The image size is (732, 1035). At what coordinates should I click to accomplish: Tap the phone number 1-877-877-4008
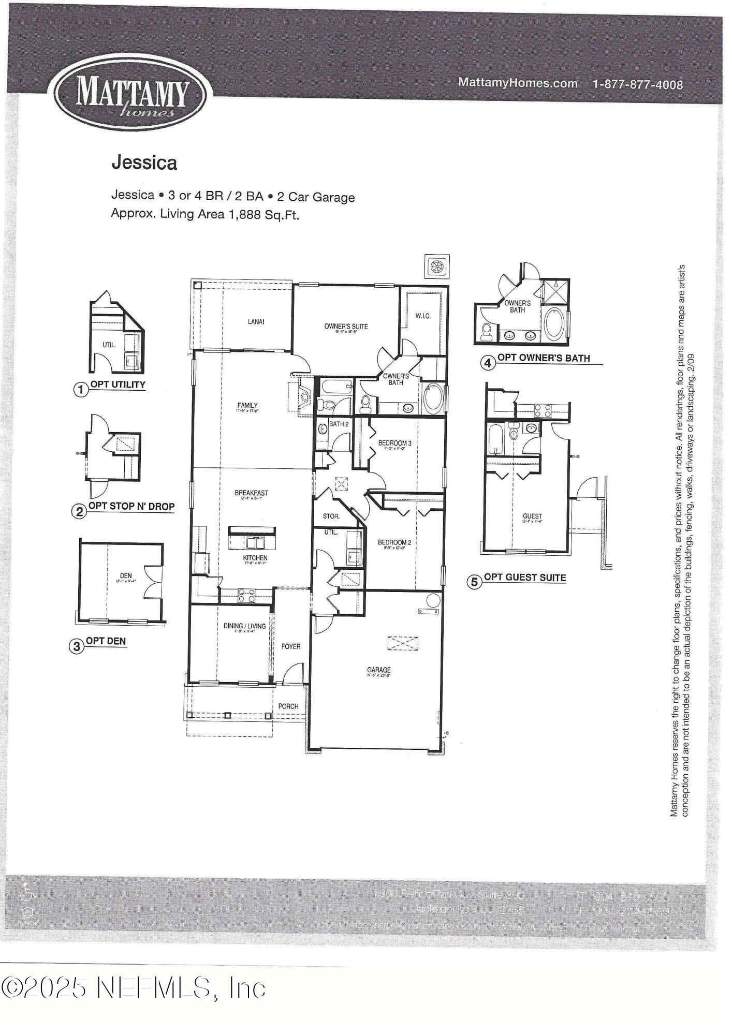637,84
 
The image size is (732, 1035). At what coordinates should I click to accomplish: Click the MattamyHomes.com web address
518,83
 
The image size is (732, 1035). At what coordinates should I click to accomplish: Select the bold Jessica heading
144,162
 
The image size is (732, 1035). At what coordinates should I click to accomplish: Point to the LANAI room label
256,321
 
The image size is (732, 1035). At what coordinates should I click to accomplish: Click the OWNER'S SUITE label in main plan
346,327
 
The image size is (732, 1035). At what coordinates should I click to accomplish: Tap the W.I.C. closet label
423,316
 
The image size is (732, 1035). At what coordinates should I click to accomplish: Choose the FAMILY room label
247,406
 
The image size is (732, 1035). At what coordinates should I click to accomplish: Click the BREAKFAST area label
251,493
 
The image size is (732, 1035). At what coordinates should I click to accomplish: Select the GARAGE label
378,670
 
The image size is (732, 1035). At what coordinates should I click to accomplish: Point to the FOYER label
290,646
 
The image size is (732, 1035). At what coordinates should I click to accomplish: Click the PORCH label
288,706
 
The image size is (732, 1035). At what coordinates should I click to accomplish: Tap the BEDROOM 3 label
394,443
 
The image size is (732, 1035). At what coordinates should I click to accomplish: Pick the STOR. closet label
331,516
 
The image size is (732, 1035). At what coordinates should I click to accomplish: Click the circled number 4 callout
487,363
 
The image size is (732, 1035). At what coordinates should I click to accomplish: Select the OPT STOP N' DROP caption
131,506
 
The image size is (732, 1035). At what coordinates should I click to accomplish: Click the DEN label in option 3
126,575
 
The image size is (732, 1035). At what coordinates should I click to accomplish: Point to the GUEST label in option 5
532,516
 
